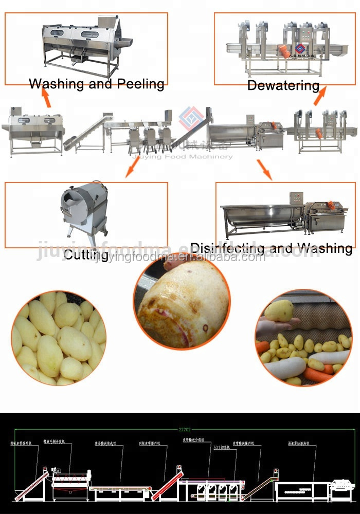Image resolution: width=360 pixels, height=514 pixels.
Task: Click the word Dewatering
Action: point(283,85)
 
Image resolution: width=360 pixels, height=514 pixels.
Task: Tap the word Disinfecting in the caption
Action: point(228,248)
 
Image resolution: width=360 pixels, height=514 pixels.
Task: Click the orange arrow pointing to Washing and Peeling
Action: point(46,98)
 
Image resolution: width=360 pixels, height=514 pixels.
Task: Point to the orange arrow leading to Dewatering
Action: point(320,96)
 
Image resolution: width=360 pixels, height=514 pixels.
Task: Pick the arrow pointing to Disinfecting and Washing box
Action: point(264,169)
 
